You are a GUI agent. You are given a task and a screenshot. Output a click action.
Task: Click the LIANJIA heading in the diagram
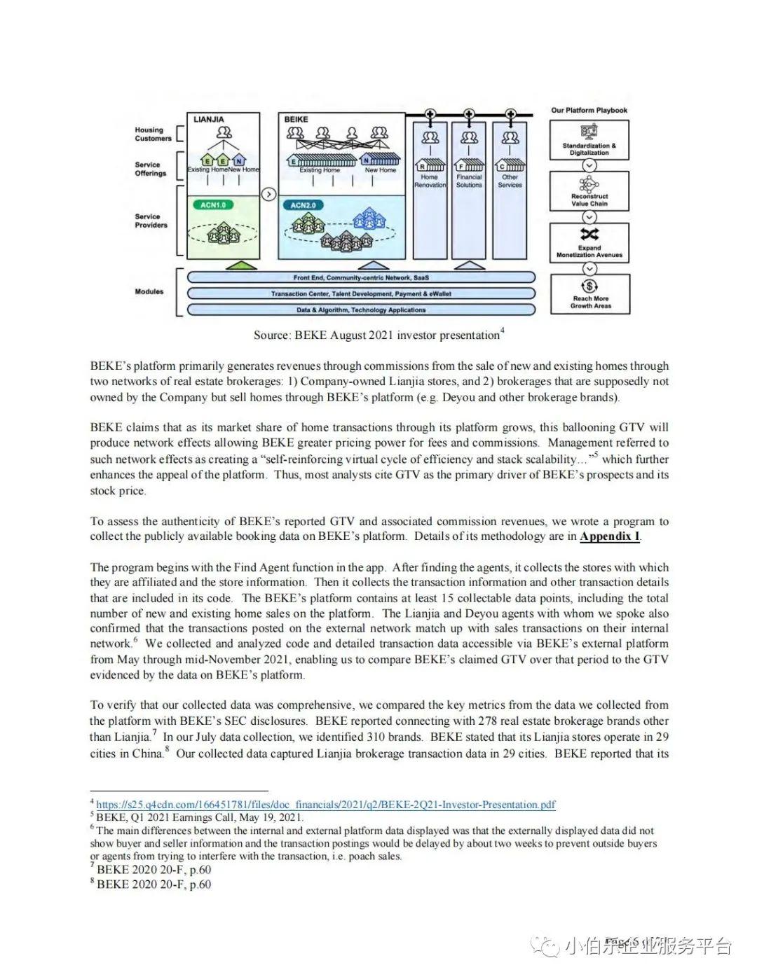coord(209,119)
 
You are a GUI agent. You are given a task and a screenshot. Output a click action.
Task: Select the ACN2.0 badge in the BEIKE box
coord(303,205)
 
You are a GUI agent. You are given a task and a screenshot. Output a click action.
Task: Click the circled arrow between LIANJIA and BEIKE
coord(268,194)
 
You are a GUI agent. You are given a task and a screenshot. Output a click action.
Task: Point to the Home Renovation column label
coord(430,181)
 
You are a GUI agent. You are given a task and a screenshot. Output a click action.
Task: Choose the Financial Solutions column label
coord(469,181)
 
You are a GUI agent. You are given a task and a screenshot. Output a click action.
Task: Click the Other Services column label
coord(510,181)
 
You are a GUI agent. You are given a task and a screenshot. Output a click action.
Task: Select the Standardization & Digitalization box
coord(589,140)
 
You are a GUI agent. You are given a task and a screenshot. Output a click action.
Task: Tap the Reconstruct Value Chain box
coord(589,191)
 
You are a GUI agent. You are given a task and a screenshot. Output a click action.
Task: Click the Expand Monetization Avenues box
coord(589,242)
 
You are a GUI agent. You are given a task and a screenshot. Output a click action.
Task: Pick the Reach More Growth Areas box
coord(590,293)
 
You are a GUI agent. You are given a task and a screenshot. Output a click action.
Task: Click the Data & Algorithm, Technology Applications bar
coord(361,310)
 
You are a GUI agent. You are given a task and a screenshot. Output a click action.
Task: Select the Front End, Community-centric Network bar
coord(361,278)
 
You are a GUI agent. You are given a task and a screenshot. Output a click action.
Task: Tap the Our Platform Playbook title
coord(589,110)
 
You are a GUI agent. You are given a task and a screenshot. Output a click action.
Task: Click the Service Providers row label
coord(151,221)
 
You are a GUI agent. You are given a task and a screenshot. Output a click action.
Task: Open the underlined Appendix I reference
coord(609,536)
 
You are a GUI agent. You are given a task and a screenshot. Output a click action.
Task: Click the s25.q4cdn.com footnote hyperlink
coord(326,805)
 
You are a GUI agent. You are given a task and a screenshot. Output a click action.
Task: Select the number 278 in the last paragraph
coord(487,721)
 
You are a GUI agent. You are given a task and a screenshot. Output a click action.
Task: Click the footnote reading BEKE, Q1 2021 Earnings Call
coord(200,817)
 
